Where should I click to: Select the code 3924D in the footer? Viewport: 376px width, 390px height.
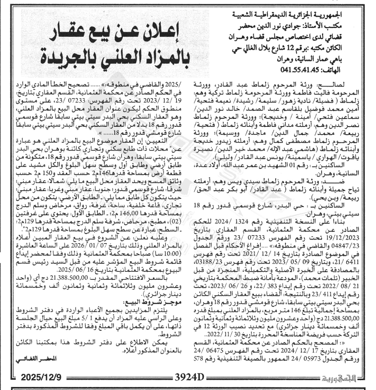(188, 377)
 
